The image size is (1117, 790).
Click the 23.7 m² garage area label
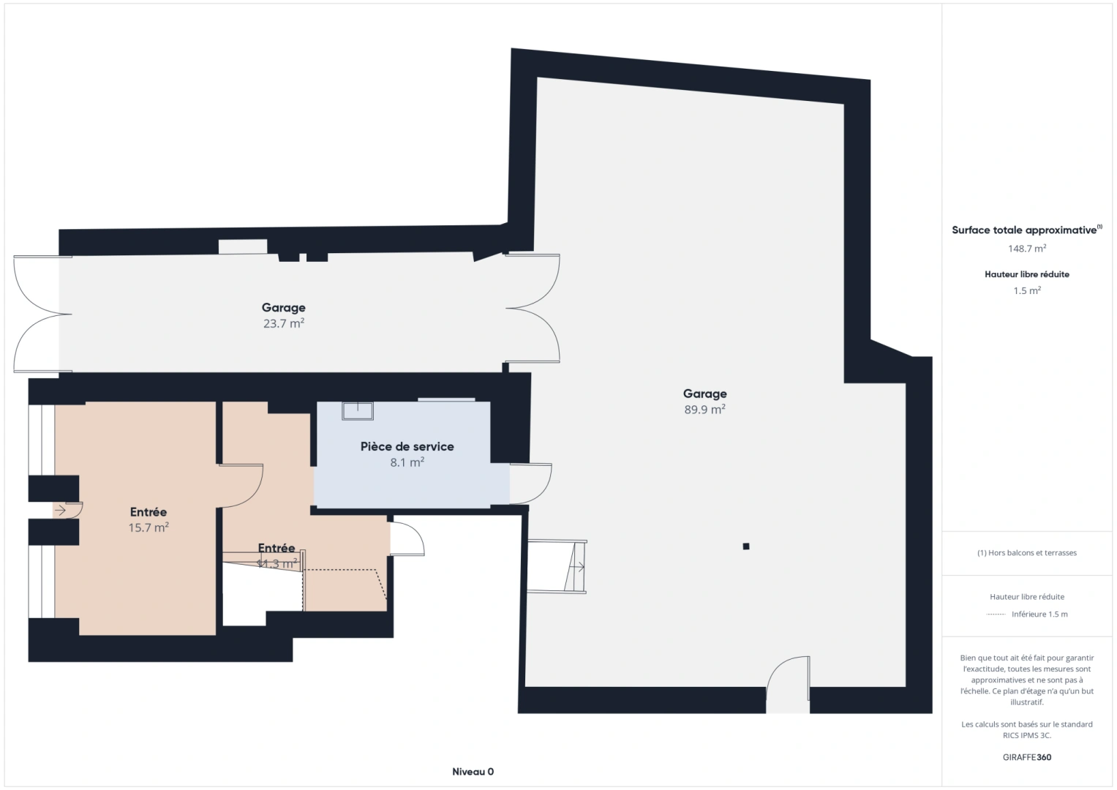[x=284, y=323]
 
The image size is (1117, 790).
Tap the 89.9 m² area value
[x=704, y=410]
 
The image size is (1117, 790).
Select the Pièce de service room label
[x=407, y=446]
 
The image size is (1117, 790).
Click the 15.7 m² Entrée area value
[x=148, y=527]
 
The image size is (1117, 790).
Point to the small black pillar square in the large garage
[x=746, y=546]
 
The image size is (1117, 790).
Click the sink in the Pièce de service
[x=358, y=410]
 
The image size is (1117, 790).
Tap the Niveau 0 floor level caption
[x=473, y=772]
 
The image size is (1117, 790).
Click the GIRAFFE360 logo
[x=1027, y=757]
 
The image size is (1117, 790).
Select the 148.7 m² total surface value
[x=1027, y=249]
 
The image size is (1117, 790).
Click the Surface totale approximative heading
[x=1024, y=230]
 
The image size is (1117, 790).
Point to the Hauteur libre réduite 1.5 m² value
[x=1027, y=290]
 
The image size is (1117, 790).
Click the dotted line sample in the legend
[x=996, y=614]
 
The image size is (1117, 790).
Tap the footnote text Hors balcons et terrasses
[x=1027, y=553]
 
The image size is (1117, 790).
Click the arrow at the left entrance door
[x=60, y=511]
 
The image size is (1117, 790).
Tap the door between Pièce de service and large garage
[x=531, y=484]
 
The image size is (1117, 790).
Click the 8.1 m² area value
[x=407, y=462]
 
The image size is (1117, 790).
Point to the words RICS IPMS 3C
[x=1027, y=735]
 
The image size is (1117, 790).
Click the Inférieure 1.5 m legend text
[x=1039, y=614]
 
